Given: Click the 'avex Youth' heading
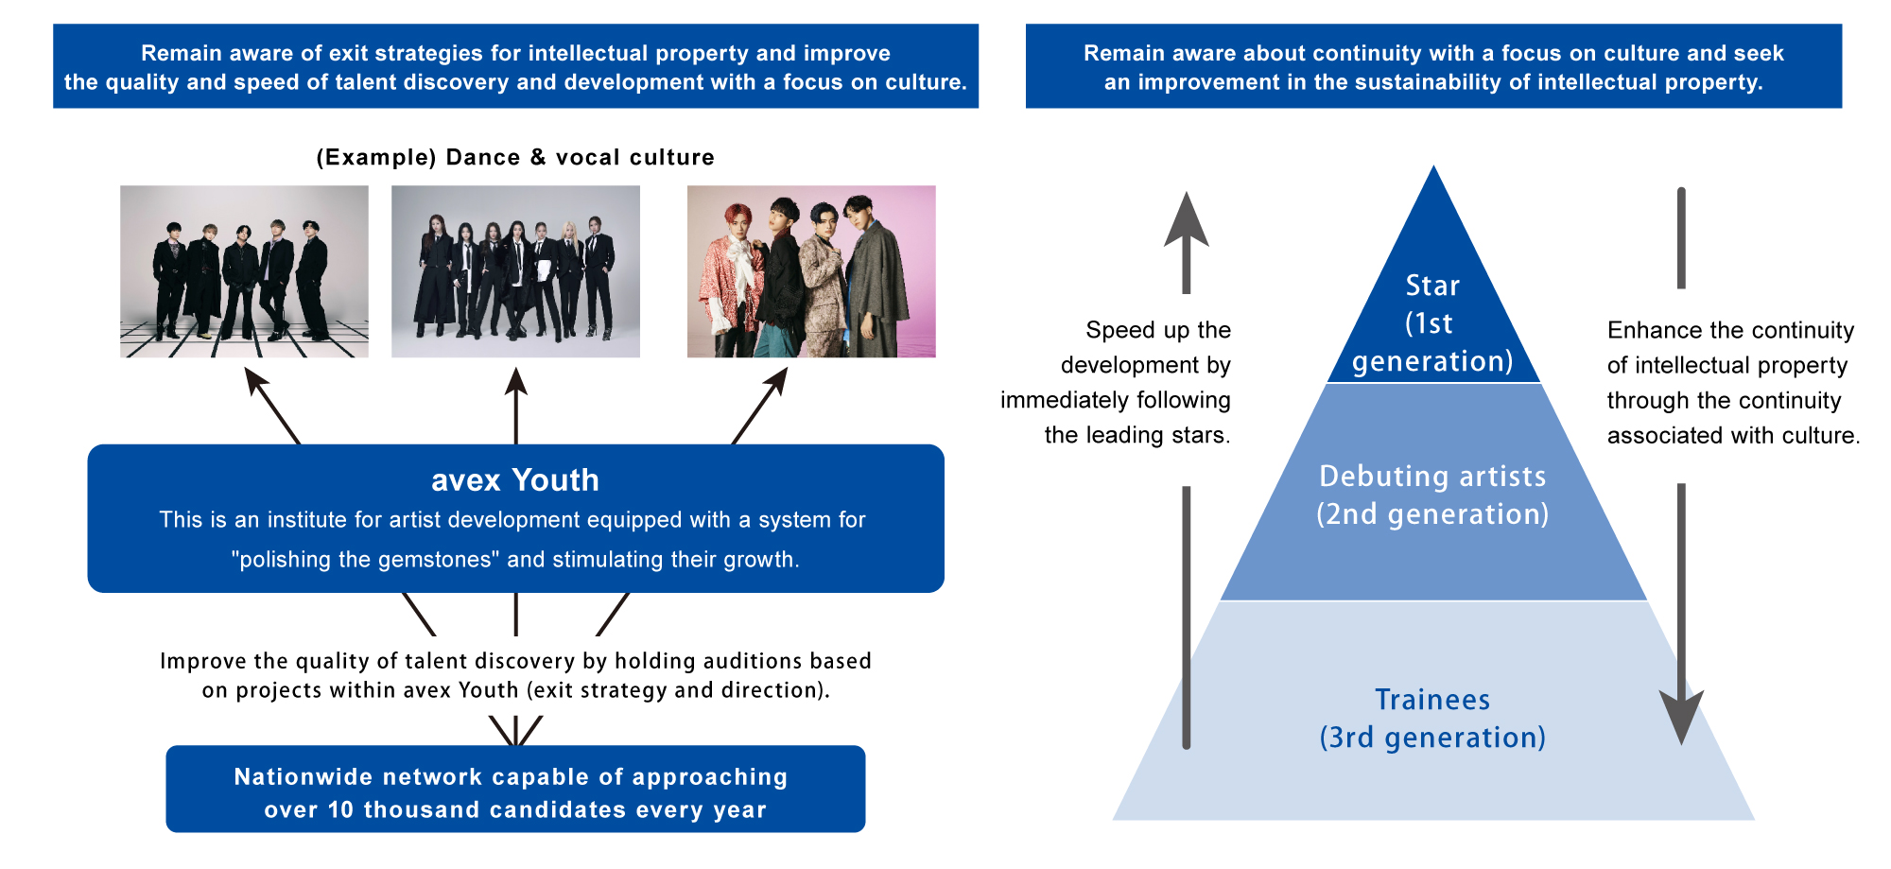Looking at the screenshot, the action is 515,480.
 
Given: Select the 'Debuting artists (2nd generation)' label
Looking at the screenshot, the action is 1432,495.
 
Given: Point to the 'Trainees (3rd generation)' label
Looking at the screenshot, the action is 1432,719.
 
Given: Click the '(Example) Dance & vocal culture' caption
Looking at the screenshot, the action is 515,157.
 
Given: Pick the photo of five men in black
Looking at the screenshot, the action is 244,271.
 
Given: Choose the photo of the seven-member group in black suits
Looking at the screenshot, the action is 515,271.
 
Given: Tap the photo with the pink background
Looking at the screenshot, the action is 811,271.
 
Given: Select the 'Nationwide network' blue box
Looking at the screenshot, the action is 515,789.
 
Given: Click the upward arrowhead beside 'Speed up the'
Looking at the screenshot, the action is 1186,219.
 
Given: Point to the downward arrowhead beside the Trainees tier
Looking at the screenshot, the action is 1681,717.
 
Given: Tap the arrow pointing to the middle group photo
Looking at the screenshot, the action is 515,406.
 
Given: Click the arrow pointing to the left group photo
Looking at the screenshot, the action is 272,406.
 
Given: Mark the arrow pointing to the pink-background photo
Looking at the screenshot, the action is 759,406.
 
